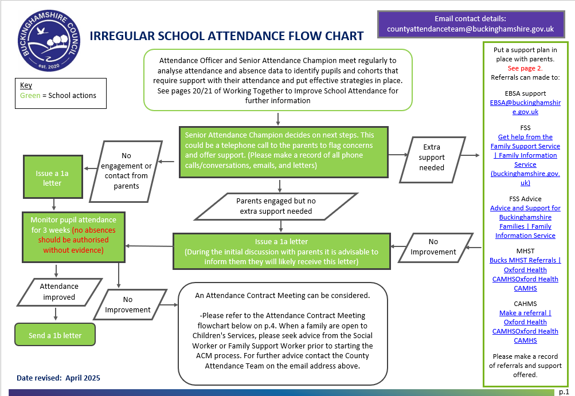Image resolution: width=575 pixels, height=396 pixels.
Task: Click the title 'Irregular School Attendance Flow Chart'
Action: (226, 36)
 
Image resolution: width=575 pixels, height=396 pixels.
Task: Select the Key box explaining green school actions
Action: (61, 91)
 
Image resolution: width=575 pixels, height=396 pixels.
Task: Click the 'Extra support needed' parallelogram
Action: (432, 157)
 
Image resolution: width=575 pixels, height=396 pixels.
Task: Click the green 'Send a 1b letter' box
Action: (55, 335)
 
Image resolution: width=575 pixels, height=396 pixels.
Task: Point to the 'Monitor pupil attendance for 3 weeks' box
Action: (73, 235)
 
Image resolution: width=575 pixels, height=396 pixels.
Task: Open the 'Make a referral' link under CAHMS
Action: (525, 313)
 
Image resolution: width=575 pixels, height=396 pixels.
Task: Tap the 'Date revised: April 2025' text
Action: (58, 378)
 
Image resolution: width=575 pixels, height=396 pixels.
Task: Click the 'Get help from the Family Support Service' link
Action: (525, 142)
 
